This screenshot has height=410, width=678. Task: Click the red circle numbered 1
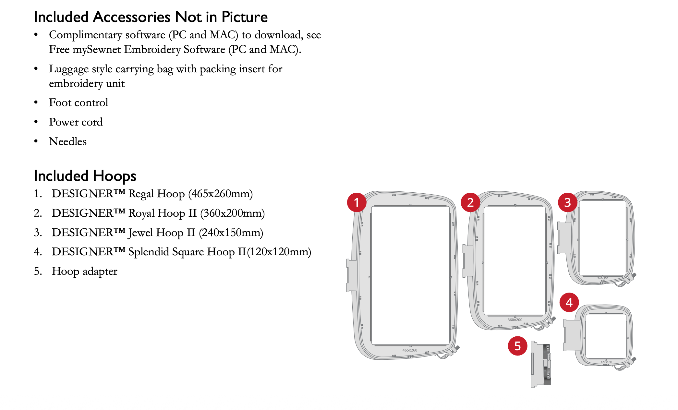coord(357,202)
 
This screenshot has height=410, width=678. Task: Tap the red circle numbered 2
coord(470,202)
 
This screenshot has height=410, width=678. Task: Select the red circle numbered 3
coord(568,202)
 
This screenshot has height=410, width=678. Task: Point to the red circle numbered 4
coord(569,302)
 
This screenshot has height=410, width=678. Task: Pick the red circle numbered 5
coord(518,346)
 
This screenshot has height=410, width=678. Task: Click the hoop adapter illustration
coord(541,364)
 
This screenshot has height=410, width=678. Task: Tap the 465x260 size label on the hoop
coord(410,350)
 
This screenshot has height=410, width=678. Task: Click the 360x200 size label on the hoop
coord(515,320)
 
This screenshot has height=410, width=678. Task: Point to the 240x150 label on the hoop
coord(603,278)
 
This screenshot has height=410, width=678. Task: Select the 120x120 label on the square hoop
coord(606,362)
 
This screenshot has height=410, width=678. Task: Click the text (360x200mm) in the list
coord(233,213)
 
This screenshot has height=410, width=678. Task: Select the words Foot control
coord(79,102)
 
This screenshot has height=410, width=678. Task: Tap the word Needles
coord(68,141)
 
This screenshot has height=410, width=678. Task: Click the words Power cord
coord(76,122)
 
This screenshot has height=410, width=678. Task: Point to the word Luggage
coord(69,69)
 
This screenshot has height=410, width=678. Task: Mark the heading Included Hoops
coord(85,176)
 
